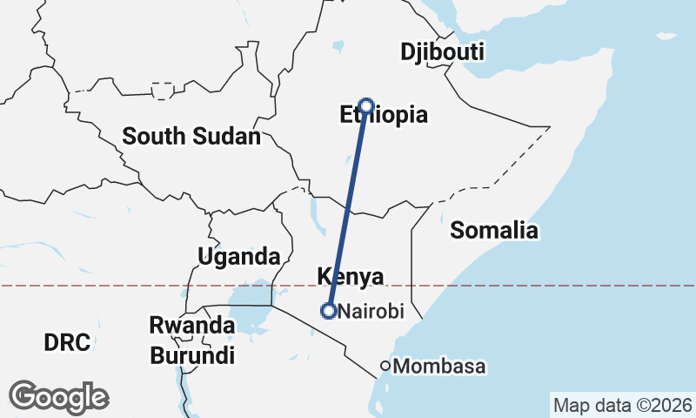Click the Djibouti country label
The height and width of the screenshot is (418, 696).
click(x=442, y=52)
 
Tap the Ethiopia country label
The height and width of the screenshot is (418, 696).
click(x=384, y=116)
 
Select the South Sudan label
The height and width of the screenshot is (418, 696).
click(x=191, y=137)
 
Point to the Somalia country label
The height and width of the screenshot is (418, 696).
click(x=494, y=231)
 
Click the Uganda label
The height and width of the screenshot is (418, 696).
click(x=238, y=257)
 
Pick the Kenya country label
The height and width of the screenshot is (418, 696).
click(x=351, y=276)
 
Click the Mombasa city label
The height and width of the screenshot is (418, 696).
click(x=439, y=367)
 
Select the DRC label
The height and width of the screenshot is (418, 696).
click(x=67, y=343)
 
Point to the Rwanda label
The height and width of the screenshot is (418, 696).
click(x=191, y=326)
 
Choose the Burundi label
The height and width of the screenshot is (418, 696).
click(x=191, y=355)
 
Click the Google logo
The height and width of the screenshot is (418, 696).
click(x=59, y=397)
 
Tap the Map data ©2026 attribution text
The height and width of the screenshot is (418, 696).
click(x=623, y=406)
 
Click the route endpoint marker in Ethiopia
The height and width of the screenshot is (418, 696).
click(x=366, y=106)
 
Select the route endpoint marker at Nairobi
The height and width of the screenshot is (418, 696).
click(x=329, y=310)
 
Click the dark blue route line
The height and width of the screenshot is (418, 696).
click(x=348, y=209)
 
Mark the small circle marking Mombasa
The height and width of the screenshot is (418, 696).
click(x=385, y=367)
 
